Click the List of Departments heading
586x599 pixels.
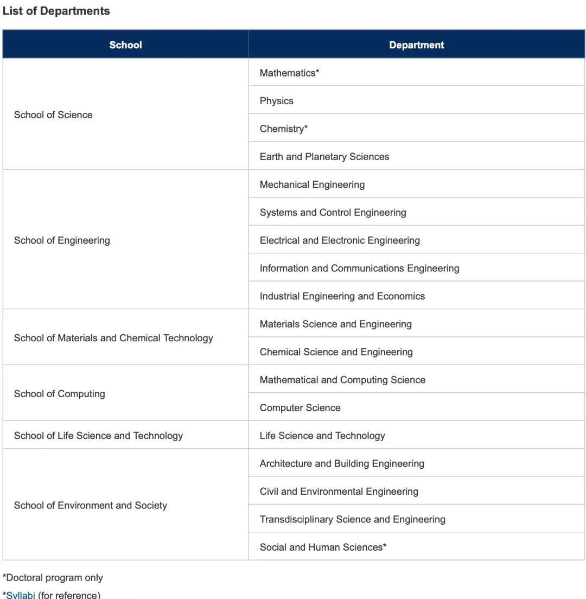point(56,11)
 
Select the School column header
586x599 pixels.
point(125,45)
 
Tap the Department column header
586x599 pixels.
point(416,45)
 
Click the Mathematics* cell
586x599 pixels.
point(289,73)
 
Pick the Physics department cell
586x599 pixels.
point(276,101)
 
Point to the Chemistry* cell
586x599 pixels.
point(283,129)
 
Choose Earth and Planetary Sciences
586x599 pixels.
point(324,157)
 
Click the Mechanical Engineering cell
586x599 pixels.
point(312,184)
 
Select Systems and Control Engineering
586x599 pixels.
point(333,213)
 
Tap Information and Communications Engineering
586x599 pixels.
point(359,268)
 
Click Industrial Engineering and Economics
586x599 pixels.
point(342,296)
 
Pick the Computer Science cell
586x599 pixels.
point(300,408)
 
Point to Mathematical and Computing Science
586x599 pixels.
point(342,380)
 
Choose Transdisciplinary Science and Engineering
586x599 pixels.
point(352,519)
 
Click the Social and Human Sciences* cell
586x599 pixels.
point(323,547)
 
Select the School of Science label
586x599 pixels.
point(53,115)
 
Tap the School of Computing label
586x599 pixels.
point(59,394)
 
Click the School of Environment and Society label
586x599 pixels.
point(90,506)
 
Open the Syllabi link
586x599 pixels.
point(21,595)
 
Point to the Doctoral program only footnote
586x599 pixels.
point(53,578)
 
